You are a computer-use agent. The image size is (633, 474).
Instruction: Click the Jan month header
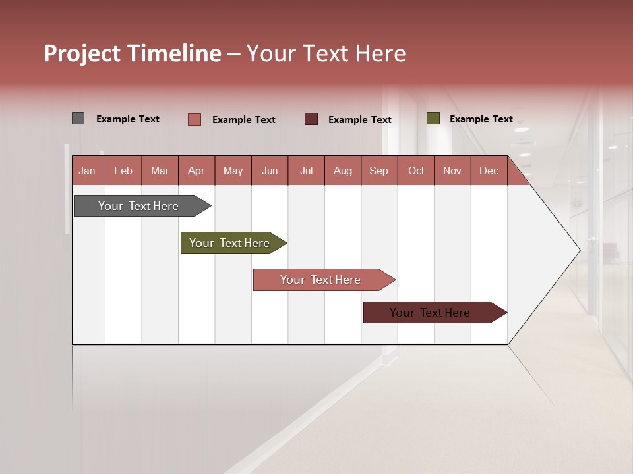(x=88, y=171)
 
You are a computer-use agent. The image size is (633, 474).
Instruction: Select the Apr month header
(x=196, y=171)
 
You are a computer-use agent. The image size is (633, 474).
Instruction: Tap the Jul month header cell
(x=306, y=171)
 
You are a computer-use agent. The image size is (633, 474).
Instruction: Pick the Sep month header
(x=378, y=171)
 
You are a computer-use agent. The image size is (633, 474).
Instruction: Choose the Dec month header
(x=489, y=171)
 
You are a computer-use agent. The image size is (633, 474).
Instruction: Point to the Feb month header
(x=123, y=171)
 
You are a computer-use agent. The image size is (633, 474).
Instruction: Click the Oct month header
(x=416, y=171)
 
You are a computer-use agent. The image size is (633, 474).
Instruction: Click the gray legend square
(x=78, y=118)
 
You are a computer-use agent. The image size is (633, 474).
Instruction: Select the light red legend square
(x=195, y=119)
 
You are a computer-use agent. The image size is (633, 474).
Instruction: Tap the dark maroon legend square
(x=311, y=119)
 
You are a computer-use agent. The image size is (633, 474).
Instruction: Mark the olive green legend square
(x=433, y=118)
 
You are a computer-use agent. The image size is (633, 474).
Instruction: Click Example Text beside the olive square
(x=481, y=119)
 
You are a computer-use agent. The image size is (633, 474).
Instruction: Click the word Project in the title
(x=82, y=53)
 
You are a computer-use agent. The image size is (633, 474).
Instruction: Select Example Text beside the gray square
(x=128, y=119)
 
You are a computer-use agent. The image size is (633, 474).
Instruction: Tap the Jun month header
(x=270, y=171)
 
